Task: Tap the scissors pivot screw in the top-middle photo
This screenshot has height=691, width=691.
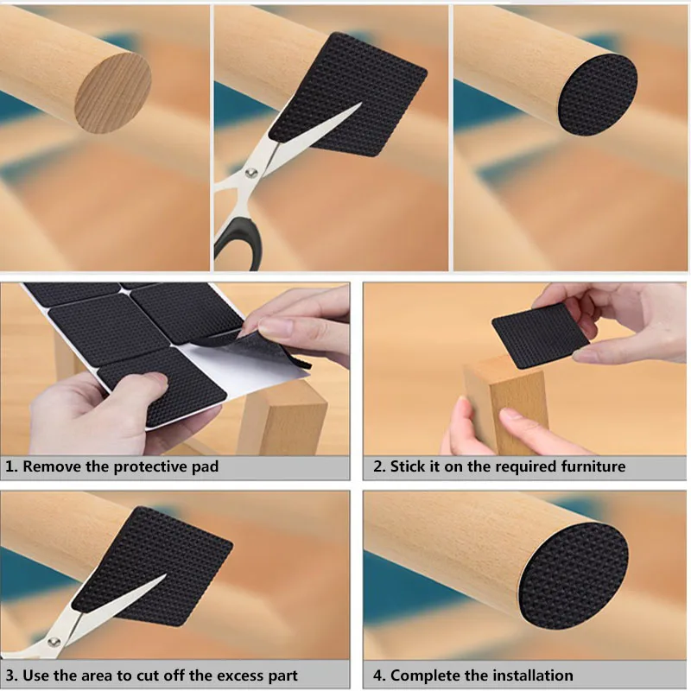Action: pos(252,172)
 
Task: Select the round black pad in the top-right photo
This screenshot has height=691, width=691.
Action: pos(598,95)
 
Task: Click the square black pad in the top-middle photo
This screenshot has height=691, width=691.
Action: pos(348,94)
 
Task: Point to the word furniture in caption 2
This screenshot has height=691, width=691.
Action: pos(593,466)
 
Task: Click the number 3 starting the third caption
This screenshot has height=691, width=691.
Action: pos(10,675)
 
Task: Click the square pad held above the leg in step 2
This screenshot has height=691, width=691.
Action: pos(541,335)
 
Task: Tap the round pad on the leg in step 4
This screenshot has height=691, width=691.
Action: pos(573,572)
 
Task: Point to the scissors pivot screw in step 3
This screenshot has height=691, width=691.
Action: pos(54,642)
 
